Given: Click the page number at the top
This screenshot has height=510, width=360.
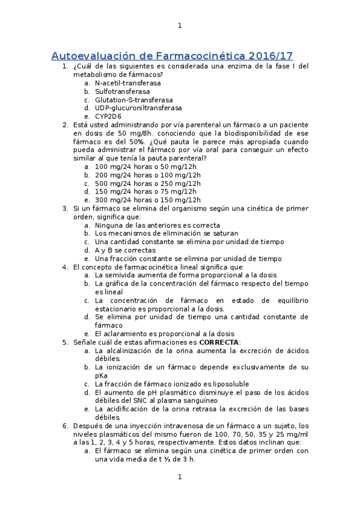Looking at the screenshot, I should point(180,25).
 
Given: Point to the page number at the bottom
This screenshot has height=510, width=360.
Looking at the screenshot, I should point(180,477).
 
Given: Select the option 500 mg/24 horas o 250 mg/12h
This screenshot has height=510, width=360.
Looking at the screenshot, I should point(148,183).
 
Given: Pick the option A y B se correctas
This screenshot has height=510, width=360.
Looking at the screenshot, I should point(125,250).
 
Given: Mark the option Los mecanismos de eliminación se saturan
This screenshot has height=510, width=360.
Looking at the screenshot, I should point(166,233).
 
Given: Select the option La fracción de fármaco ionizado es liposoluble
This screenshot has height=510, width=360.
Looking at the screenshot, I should point(172,384).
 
